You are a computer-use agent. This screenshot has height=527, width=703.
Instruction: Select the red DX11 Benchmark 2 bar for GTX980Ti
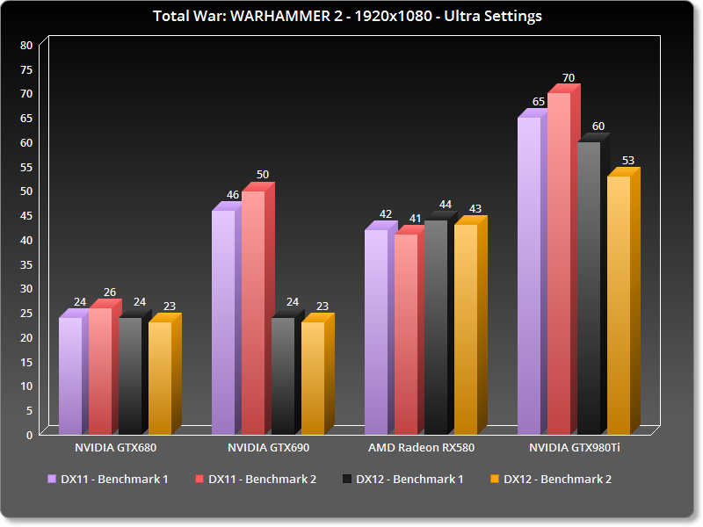coord(559,263)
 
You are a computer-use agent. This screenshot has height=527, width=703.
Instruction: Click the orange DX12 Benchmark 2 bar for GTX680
coord(160,378)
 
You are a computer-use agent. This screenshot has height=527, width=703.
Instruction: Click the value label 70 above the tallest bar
coord(569,78)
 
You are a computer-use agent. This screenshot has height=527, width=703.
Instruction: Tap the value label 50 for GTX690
coord(263,175)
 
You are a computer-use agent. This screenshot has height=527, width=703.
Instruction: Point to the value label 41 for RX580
coord(415,219)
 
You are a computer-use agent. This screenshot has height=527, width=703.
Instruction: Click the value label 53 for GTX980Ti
coord(627,161)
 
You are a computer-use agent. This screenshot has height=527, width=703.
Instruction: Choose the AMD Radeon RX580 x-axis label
coord(421,448)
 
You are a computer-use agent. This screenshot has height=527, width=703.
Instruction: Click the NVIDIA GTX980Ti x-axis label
coord(575,448)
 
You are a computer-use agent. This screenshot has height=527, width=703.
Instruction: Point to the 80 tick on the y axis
coord(26,45)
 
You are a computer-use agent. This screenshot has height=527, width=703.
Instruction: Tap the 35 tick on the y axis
coord(26,264)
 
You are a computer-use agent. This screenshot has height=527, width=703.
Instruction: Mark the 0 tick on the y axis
coord(29,434)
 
